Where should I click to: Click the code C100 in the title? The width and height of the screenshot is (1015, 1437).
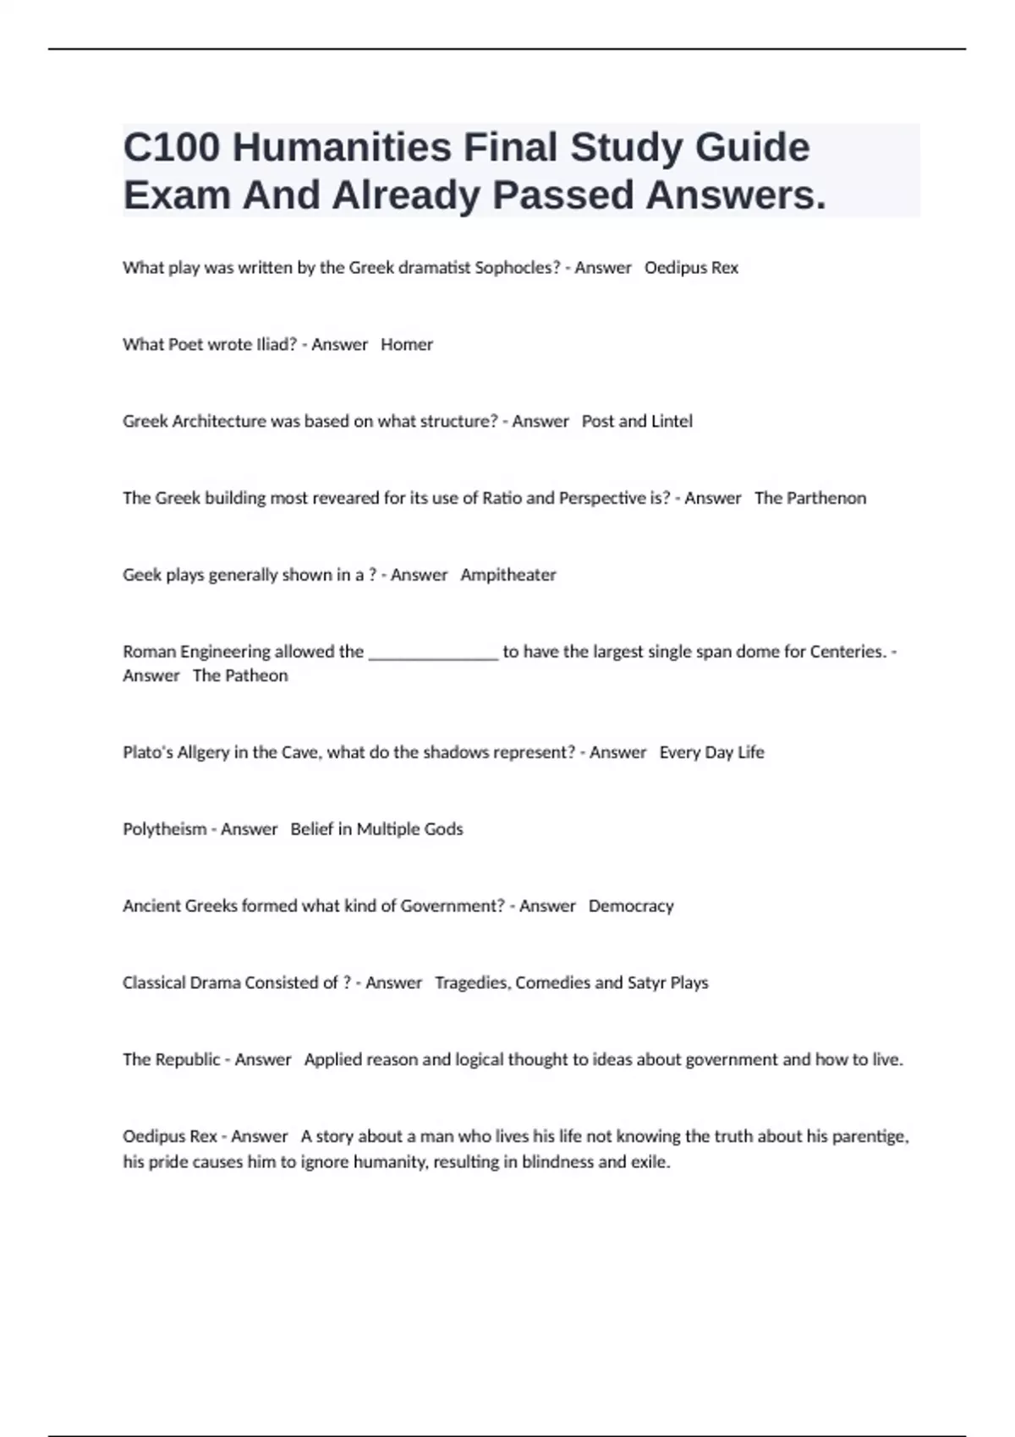[172, 148]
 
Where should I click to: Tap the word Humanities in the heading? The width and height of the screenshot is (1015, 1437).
[342, 148]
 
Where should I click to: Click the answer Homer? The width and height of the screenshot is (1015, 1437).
[407, 345]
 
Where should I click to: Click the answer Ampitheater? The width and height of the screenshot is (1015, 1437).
[508, 575]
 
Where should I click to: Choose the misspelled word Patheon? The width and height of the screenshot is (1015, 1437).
[255, 675]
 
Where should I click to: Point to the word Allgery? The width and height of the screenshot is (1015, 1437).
[203, 752]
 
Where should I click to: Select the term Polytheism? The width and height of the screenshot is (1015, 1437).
[164, 829]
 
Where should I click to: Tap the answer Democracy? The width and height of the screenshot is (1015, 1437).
[631, 906]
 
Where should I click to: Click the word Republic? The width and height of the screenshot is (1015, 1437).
[188, 1060]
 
